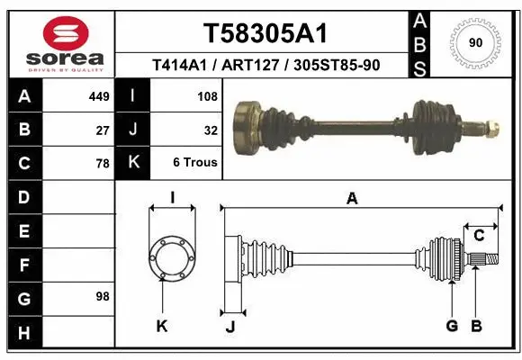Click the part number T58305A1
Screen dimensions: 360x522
[264, 33]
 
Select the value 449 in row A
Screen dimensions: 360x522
[99, 96]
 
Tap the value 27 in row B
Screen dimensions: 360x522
[103, 130]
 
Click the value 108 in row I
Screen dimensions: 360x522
[207, 96]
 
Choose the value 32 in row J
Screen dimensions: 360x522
[211, 130]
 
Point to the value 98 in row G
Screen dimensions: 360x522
[102, 296]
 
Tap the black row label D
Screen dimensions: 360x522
[23, 196]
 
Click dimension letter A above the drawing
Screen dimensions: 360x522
[352, 198]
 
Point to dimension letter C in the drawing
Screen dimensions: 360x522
[479, 236]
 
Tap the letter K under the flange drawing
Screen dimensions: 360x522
[162, 327]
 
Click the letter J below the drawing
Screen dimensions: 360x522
[229, 327]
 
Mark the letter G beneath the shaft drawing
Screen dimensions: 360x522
[452, 326]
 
